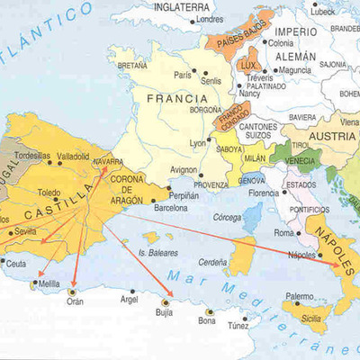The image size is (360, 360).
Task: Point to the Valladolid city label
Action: [74, 156]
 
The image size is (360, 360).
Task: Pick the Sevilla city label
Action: [25, 230]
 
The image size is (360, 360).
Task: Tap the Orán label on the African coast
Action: [75, 302]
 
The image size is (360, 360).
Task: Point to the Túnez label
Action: [238, 325]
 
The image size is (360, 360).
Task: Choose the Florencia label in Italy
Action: [264, 193]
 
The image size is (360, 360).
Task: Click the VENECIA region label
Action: [301, 160]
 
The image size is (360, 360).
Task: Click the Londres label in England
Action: [210, 18]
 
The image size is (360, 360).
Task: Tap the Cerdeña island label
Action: [212, 262]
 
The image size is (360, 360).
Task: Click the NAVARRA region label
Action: [108, 162]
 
